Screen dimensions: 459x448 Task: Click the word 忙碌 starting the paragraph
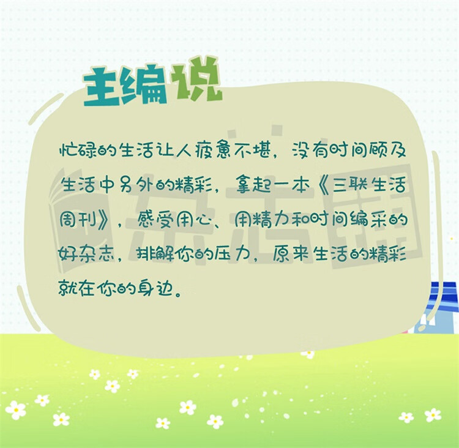tap(78, 151)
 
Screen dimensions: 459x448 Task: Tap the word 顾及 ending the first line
tap(387, 151)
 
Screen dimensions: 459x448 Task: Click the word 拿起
tap(253, 185)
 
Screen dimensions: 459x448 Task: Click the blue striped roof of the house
tap(442, 296)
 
